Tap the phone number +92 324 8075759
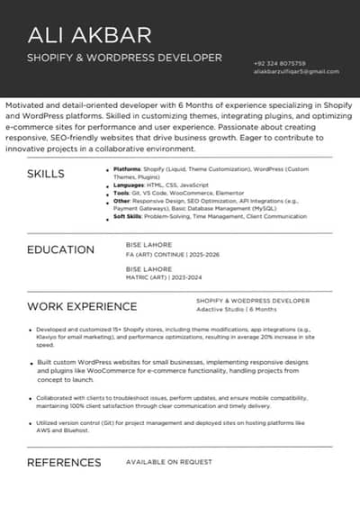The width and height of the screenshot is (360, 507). [x=280, y=63]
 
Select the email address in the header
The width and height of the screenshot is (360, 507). [x=296, y=71]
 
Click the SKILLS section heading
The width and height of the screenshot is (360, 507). [x=46, y=174]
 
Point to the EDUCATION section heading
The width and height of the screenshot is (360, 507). [x=60, y=249]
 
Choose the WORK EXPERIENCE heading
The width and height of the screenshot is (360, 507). [x=82, y=306]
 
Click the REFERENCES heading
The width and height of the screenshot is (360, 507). [x=64, y=462]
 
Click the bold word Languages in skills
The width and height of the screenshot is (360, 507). [x=129, y=185]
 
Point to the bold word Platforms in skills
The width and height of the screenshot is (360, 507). [x=128, y=169]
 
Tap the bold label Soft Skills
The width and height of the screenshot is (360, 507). [x=130, y=217]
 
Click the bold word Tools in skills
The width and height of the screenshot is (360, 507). [x=121, y=193]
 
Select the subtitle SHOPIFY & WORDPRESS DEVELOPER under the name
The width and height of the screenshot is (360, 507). [x=124, y=58]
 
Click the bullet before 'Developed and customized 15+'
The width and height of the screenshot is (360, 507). [x=30, y=330]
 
